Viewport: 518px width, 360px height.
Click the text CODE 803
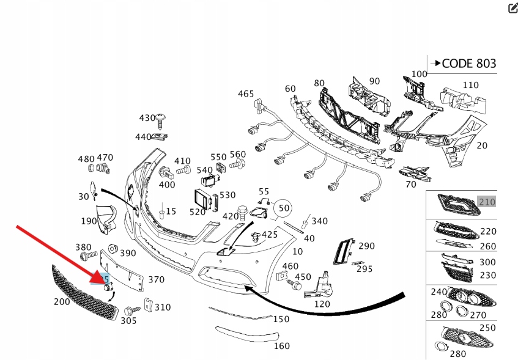coord(468,63)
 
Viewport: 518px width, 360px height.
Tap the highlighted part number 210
coord(487,202)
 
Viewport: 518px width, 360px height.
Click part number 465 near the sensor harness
coord(246,94)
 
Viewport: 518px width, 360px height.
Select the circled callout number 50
coord(284,208)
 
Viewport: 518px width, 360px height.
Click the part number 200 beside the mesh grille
coord(62,301)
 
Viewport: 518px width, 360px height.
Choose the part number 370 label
coord(156,279)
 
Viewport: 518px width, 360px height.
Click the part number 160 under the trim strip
coord(281,346)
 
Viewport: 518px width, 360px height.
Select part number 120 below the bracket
coord(322,304)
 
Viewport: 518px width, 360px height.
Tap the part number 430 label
coord(147,118)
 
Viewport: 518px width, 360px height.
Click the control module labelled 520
coord(202,198)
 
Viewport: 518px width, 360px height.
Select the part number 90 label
coord(374,81)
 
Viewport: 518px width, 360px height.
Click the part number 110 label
coord(470,85)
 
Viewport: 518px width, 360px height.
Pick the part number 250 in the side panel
coord(487,328)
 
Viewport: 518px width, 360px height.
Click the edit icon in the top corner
coord(512,7)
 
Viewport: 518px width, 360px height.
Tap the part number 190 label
coord(89,221)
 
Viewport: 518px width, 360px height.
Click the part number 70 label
coord(410,183)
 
